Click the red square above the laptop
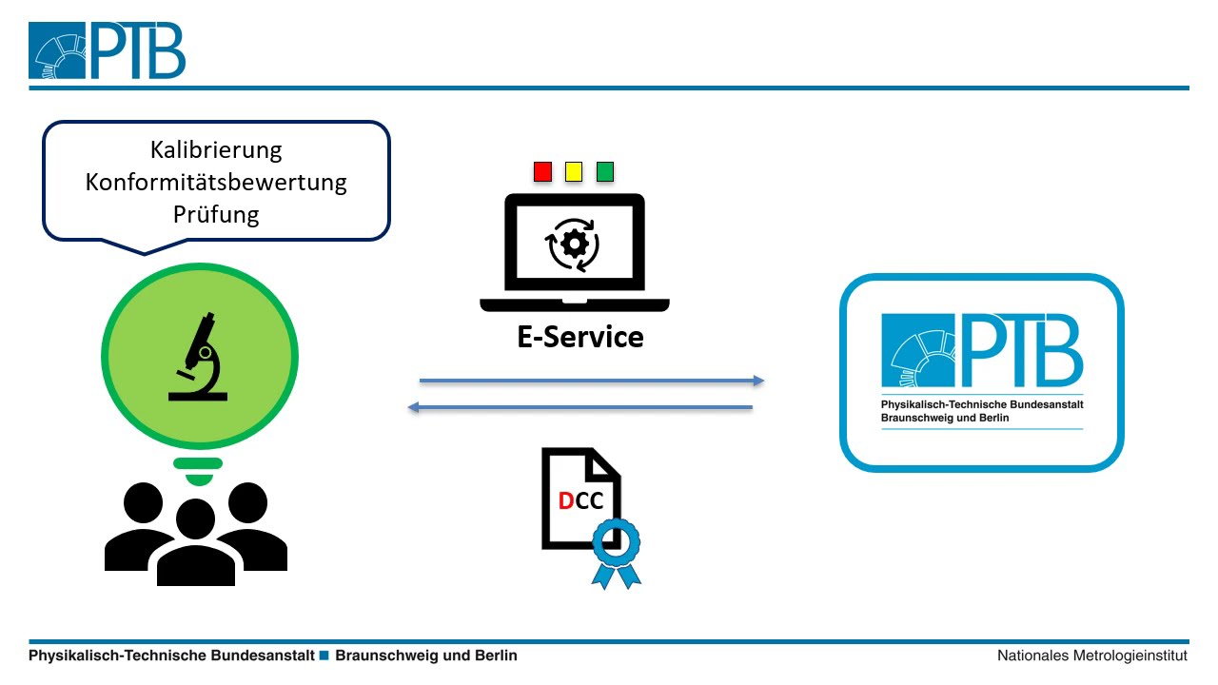click(x=542, y=172)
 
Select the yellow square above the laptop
click(x=574, y=172)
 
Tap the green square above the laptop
click(x=604, y=172)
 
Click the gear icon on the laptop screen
click(x=574, y=245)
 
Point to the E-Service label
click(x=580, y=337)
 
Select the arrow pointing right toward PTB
click(x=591, y=382)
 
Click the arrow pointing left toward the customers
click(x=580, y=408)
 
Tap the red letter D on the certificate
click(x=566, y=500)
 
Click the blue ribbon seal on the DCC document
click(x=616, y=546)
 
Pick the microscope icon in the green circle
click(x=198, y=357)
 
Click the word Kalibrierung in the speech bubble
click(x=216, y=150)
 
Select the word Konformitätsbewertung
click(x=216, y=182)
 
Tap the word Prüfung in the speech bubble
click(x=216, y=214)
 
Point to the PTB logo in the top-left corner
click(x=107, y=51)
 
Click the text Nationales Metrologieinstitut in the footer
click(x=1091, y=656)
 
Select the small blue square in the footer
click(x=324, y=656)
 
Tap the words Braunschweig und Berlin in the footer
click(x=426, y=656)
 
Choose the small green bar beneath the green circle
click(x=198, y=464)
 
